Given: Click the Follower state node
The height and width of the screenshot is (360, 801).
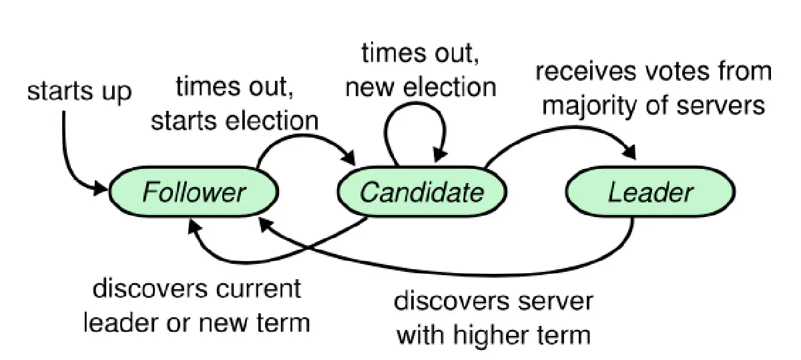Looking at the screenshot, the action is [x=194, y=192].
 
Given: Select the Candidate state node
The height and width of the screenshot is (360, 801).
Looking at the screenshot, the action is [x=422, y=192].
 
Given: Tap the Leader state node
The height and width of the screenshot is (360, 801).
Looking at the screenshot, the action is [x=650, y=192].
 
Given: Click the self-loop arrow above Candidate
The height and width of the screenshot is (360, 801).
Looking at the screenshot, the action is [x=415, y=104].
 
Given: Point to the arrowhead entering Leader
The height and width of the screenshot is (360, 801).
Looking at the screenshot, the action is [x=630, y=152].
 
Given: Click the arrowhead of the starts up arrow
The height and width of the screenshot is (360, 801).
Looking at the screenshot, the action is [x=101, y=188].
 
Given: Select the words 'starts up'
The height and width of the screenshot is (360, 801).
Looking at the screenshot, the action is [x=79, y=92].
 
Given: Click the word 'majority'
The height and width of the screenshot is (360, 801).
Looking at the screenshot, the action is [x=591, y=106].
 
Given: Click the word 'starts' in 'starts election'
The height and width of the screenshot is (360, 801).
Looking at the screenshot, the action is [x=184, y=121].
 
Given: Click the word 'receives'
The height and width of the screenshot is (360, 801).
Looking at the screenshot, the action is [x=586, y=71].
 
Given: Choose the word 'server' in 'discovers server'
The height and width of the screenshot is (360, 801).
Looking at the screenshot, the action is [x=551, y=302].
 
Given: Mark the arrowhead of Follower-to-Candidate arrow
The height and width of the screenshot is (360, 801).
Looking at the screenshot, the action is [x=349, y=158].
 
